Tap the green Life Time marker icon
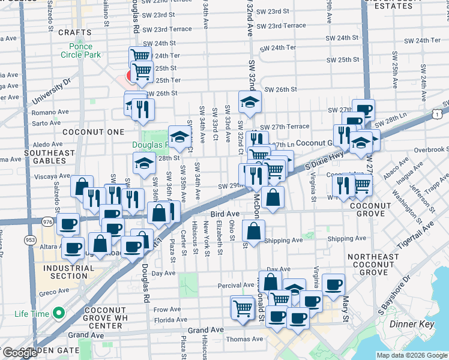coord(59,313)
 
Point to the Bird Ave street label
coord(225,213)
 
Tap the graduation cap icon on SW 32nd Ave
coord(250,101)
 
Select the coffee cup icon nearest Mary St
coord(333,284)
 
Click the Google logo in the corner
coord(20,353)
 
